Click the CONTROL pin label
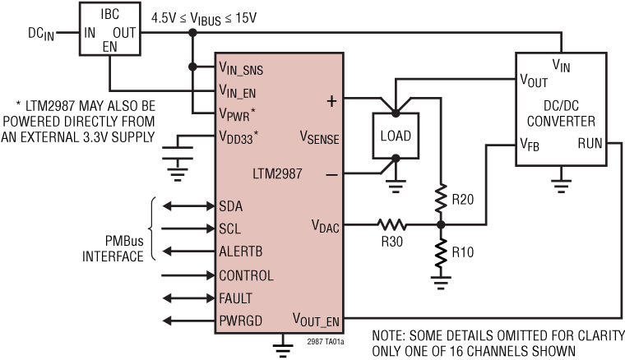[247, 275]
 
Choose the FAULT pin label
[237, 298]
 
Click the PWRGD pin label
[240, 321]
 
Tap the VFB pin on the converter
[531, 144]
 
